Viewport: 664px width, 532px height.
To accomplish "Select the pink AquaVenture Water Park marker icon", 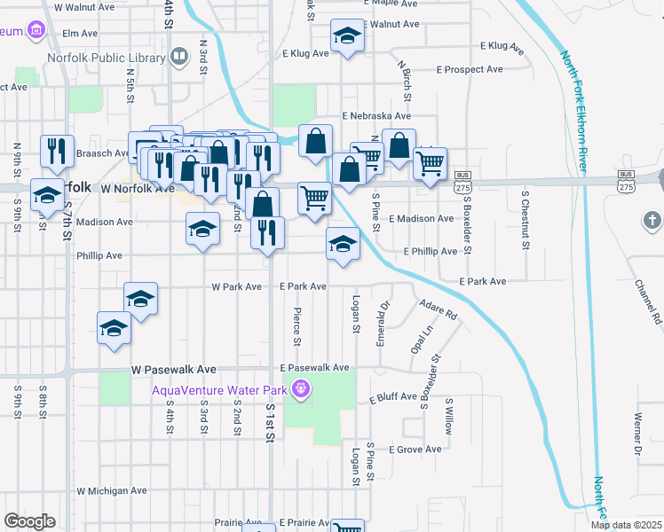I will coord(302,387).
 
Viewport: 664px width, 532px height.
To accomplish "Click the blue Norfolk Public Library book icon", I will coord(179,58).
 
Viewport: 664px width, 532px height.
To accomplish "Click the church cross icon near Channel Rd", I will coord(651,220).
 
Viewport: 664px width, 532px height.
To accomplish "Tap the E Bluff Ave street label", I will coord(393,398).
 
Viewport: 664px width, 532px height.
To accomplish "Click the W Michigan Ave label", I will coord(112,490).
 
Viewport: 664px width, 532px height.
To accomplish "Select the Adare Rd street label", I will coord(439,309).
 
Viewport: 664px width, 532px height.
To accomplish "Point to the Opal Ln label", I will coord(420,338).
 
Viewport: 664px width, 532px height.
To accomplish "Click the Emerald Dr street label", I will coord(384,324).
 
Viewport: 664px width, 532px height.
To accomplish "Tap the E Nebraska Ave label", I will coord(377,116).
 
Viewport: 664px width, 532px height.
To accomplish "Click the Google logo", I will coord(29,521).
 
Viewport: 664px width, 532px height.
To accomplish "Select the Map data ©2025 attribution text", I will coord(627,525).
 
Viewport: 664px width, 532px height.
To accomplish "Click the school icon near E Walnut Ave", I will coord(346,35).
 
